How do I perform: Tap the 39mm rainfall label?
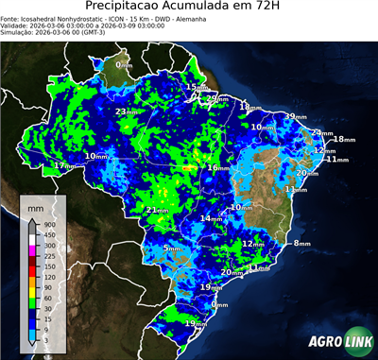click(x=295, y=116)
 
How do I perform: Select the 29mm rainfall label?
click(x=216, y=98)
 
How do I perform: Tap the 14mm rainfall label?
click(x=211, y=218)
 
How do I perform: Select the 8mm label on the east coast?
click(x=301, y=244)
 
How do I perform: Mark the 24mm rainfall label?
click(x=322, y=133)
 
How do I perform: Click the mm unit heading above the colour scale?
click(x=35, y=207)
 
